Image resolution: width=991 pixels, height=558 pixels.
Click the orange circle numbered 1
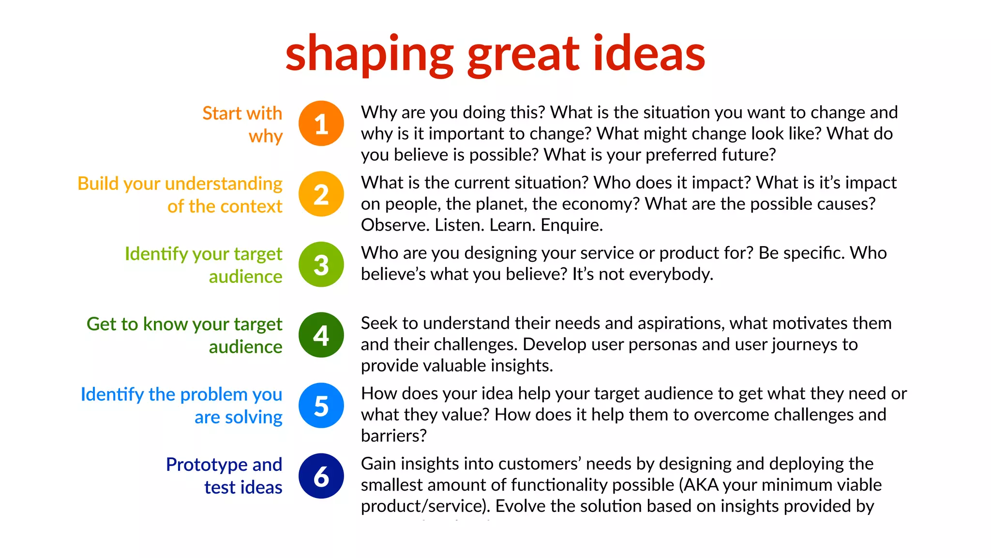(321, 124)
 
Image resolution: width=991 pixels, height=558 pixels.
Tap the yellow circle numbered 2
(321, 194)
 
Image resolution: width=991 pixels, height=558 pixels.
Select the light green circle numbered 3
(321, 264)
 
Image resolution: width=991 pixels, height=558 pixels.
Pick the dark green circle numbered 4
(321, 335)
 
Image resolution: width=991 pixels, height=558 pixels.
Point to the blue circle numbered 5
(321, 405)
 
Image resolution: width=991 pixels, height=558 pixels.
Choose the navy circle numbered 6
(321, 476)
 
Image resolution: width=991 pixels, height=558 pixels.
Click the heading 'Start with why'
(242, 124)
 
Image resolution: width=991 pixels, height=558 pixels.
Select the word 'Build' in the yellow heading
(98, 184)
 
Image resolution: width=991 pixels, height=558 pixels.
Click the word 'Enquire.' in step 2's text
(571, 225)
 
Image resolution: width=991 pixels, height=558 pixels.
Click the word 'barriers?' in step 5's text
(394, 436)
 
